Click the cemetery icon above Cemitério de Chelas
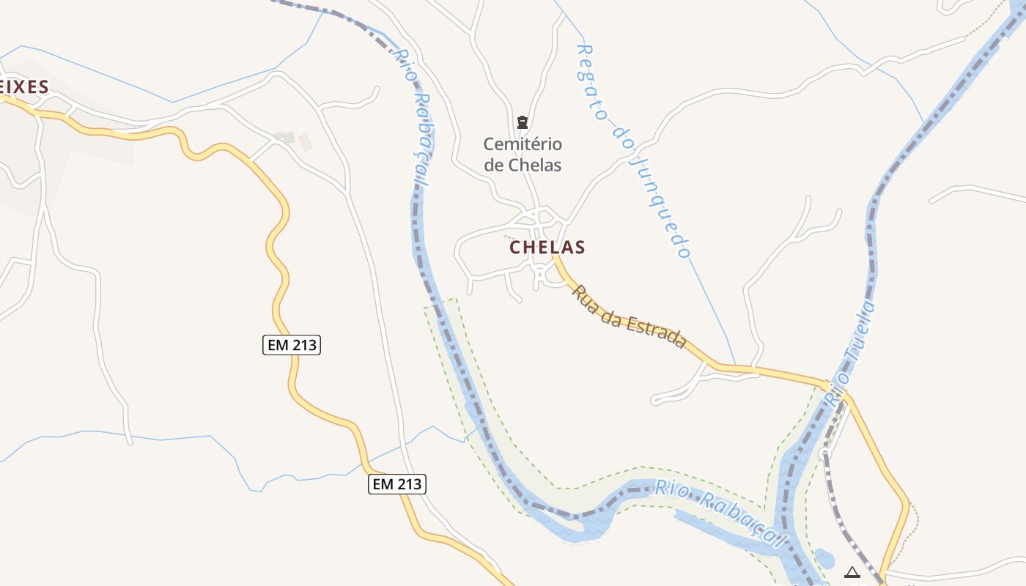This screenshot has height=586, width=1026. pyautogui.click(x=523, y=122)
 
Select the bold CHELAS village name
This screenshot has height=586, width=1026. pyautogui.click(x=547, y=248)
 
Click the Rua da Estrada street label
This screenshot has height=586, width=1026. pyautogui.click(x=629, y=316)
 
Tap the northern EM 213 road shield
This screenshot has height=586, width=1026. pyautogui.click(x=292, y=344)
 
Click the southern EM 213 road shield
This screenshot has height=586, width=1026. pyautogui.click(x=396, y=483)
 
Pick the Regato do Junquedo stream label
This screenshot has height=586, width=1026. pyautogui.click(x=633, y=150)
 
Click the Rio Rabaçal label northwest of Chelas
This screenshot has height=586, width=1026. pyautogui.click(x=413, y=117)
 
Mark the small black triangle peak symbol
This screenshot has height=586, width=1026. pyautogui.click(x=852, y=572)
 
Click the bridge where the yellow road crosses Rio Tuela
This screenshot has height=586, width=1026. pyautogui.click(x=835, y=386)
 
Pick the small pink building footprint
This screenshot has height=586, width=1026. pyautogui.click(x=306, y=142)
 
